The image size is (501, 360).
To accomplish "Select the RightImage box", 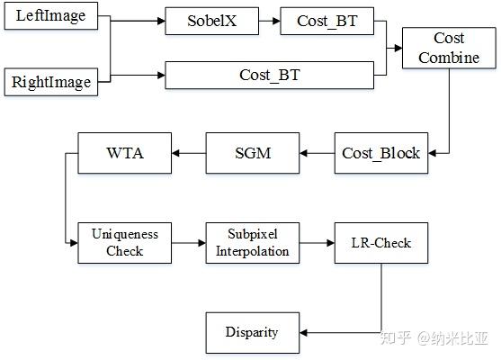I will pyautogui.click(x=50, y=83).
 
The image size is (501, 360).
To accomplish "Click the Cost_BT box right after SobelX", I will pyautogui.click(x=326, y=22).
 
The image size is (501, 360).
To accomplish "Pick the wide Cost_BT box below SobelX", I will pyautogui.click(x=269, y=74).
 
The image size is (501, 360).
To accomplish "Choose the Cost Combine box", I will pyautogui.click(x=449, y=49).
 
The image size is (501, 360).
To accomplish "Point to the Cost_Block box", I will pyautogui.click(x=380, y=153).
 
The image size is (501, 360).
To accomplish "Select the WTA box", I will pyautogui.click(x=123, y=153).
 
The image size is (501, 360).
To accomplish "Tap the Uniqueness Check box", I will pyautogui.click(x=123, y=242).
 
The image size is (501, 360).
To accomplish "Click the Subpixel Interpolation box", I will pyautogui.click(x=253, y=242).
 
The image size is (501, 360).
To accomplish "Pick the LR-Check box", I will pyautogui.click(x=380, y=242).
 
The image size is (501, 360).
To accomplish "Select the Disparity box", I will pyautogui.click(x=252, y=333).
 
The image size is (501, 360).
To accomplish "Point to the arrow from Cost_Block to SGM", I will pyautogui.click(x=316, y=153).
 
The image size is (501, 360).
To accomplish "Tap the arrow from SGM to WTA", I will pyautogui.click(x=188, y=153).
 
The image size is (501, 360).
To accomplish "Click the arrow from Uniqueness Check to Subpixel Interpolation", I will pyautogui.click(x=188, y=242).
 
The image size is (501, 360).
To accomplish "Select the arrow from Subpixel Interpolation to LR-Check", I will pyautogui.click(x=318, y=242).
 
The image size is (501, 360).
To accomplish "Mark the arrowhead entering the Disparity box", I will pyautogui.click(x=303, y=333).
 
